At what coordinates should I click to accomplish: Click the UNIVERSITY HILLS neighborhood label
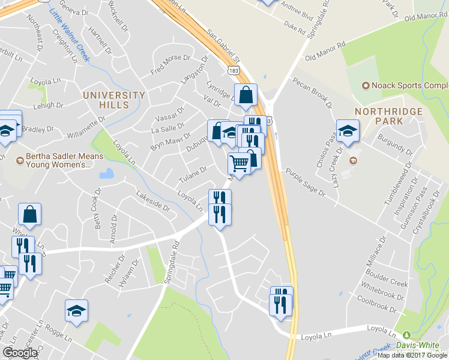tap(114, 100)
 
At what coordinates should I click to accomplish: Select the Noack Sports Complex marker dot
tap(364, 86)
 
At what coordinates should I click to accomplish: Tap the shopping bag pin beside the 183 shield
tap(246, 95)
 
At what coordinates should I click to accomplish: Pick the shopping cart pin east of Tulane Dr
tap(239, 163)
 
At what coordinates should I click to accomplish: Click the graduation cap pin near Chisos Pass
tap(347, 131)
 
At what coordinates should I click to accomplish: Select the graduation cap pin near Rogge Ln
tap(76, 311)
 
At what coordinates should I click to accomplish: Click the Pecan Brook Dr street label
tap(312, 92)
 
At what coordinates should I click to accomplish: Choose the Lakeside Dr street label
tap(152, 201)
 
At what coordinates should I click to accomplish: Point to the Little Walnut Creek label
tap(68, 29)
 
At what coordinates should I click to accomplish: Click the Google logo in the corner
tap(20, 353)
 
